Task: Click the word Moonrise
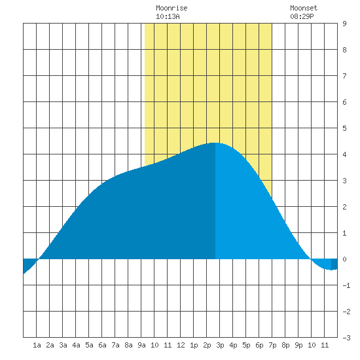coord(171,8)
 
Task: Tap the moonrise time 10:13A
coord(168,16)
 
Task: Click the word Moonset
coord(304,8)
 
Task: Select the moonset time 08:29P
coord(302,16)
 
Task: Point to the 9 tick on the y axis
coord(344,24)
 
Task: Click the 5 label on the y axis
coord(344,128)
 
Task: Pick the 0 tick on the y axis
coord(344,259)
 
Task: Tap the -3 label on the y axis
coord(346,338)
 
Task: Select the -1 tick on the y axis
coord(346,285)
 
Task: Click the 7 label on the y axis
coord(344,76)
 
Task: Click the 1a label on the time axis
coord(37,345)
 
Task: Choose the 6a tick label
coord(102,345)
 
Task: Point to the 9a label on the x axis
coord(141,345)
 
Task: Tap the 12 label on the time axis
coord(181,345)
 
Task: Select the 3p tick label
coord(220,345)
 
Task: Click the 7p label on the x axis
coord(272,345)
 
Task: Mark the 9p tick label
coord(298,345)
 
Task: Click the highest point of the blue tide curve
coord(215,143)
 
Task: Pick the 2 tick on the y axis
coord(344,207)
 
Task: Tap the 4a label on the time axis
coord(76,345)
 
